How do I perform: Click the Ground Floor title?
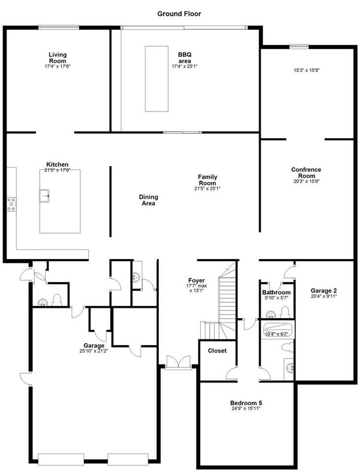179,14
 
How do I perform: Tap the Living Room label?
58,58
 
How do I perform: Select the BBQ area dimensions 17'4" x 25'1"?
184,66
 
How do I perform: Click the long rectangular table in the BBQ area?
156,79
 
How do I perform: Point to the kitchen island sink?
44,196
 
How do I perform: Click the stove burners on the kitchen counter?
12,204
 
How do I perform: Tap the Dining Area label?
149,200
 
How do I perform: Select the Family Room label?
208,180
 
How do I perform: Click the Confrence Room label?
306,173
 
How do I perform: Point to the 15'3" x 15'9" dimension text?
306,70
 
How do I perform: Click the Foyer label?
197,280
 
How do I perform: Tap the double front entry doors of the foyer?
179,361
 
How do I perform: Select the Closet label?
217,351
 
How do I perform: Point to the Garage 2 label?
324,291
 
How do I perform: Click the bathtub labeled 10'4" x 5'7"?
276,330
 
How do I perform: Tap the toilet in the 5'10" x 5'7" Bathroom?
284,312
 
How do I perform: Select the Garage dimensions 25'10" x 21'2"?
93,351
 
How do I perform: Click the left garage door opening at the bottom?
61,459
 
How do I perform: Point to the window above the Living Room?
59,27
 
